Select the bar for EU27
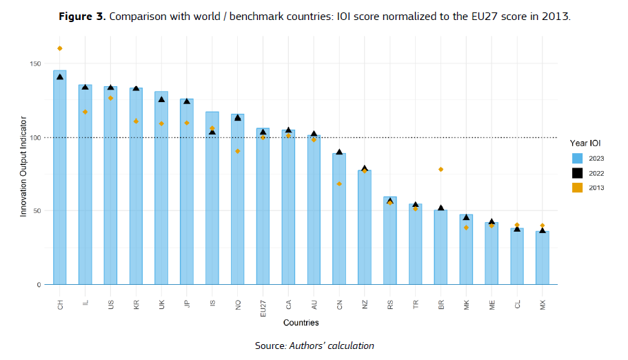pos(263,206)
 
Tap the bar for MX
pos(543,258)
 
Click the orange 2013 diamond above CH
pos(60,48)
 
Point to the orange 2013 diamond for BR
pos(440,170)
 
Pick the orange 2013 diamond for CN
pos(339,184)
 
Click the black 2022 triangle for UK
pos(161,99)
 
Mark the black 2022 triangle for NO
pos(238,118)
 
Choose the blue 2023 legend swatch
pos(578,158)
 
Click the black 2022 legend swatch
pos(578,173)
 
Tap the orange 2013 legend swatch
pos(578,188)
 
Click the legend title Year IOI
pos(586,143)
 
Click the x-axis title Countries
pos(301,322)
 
